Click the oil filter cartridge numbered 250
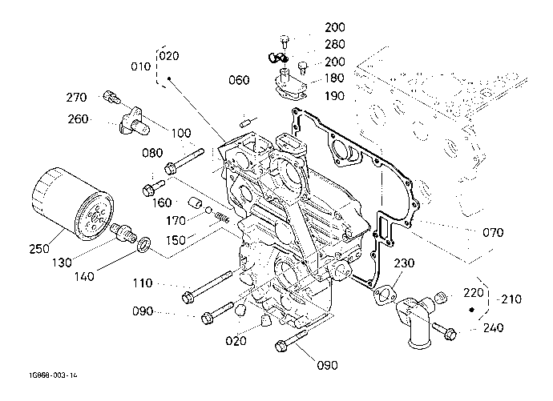pos(72,205)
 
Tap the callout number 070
pos(493,232)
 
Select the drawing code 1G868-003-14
pos(53,375)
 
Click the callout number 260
pos(78,119)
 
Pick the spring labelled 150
pos(222,219)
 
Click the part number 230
pos(404,263)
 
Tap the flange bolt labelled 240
pos(444,330)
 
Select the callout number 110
pos(143,283)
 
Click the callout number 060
pos(239,80)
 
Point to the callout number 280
pos(335,44)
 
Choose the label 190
pos(334,96)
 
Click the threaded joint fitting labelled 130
pos(123,232)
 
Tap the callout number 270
pos(76,97)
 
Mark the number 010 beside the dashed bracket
pos(141,66)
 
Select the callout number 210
pos(511,299)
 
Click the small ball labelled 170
pos(208,211)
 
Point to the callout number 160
pos(162,203)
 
